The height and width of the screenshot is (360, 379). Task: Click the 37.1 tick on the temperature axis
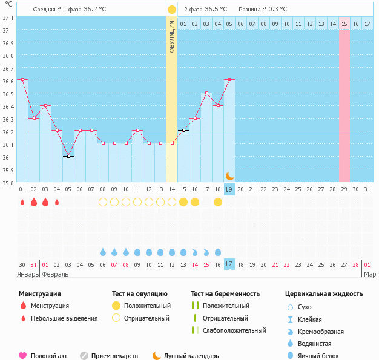coord(8,18)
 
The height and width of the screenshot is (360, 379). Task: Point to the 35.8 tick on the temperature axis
coord(8,183)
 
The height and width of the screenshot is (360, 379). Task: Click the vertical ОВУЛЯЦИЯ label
coord(172,36)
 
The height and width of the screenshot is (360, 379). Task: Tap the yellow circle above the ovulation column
coord(172,10)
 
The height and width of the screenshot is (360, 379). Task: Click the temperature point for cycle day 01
coord(22,79)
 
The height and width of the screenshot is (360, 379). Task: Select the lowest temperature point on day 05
coord(68,156)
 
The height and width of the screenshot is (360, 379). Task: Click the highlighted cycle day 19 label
coord(229,189)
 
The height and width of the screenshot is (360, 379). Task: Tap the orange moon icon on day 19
coord(229,176)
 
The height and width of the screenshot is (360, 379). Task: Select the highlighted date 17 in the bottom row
coord(229,264)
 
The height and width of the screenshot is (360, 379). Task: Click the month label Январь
coord(28,274)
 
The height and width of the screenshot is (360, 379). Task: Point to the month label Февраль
coord(54,274)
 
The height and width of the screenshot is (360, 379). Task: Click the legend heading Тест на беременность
coord(225,293)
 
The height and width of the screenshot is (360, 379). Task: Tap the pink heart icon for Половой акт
coord(23,356)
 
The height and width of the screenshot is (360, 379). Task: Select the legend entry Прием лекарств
coord(114,356)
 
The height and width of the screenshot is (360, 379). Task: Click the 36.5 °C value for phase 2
coord(216,10)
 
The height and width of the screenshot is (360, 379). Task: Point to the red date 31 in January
coord(34,264)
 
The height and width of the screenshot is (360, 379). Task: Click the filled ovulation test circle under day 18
coord(218,202)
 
